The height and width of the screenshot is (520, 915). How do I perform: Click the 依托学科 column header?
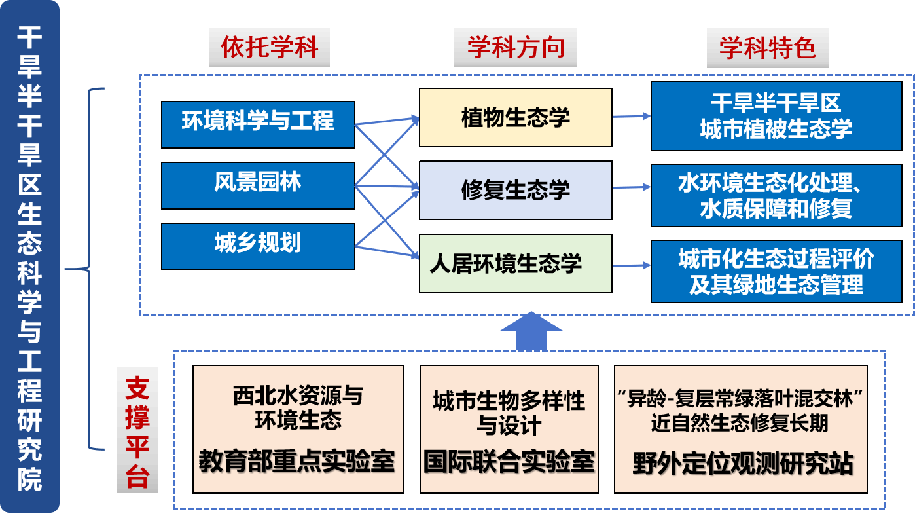(268, 48)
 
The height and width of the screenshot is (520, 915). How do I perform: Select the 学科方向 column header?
(515, 48)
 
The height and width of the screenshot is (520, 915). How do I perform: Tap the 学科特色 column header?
(767, 48)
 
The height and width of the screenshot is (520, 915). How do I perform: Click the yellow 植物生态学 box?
(515, 117)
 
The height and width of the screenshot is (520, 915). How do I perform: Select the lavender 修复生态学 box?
(515, 190)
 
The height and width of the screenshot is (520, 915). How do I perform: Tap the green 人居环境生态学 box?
(515, 263)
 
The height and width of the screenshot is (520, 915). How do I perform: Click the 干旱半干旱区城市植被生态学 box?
(776, 116)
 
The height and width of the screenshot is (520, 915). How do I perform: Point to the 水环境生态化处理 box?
(776, 195)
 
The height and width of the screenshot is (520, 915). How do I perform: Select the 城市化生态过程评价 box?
(776, 272)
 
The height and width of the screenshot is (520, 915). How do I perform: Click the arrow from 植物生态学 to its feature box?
(632, 117)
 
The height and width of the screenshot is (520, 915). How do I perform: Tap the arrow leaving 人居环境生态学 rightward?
(632, 265)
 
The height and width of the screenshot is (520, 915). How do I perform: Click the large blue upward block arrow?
(535, 331)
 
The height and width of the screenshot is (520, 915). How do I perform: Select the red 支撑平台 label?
(137, 430)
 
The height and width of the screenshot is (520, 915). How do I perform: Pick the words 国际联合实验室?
(509, 462)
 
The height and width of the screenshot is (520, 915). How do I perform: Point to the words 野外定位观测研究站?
(742, 463)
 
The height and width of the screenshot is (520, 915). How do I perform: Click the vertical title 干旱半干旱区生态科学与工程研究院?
(29, 259)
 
